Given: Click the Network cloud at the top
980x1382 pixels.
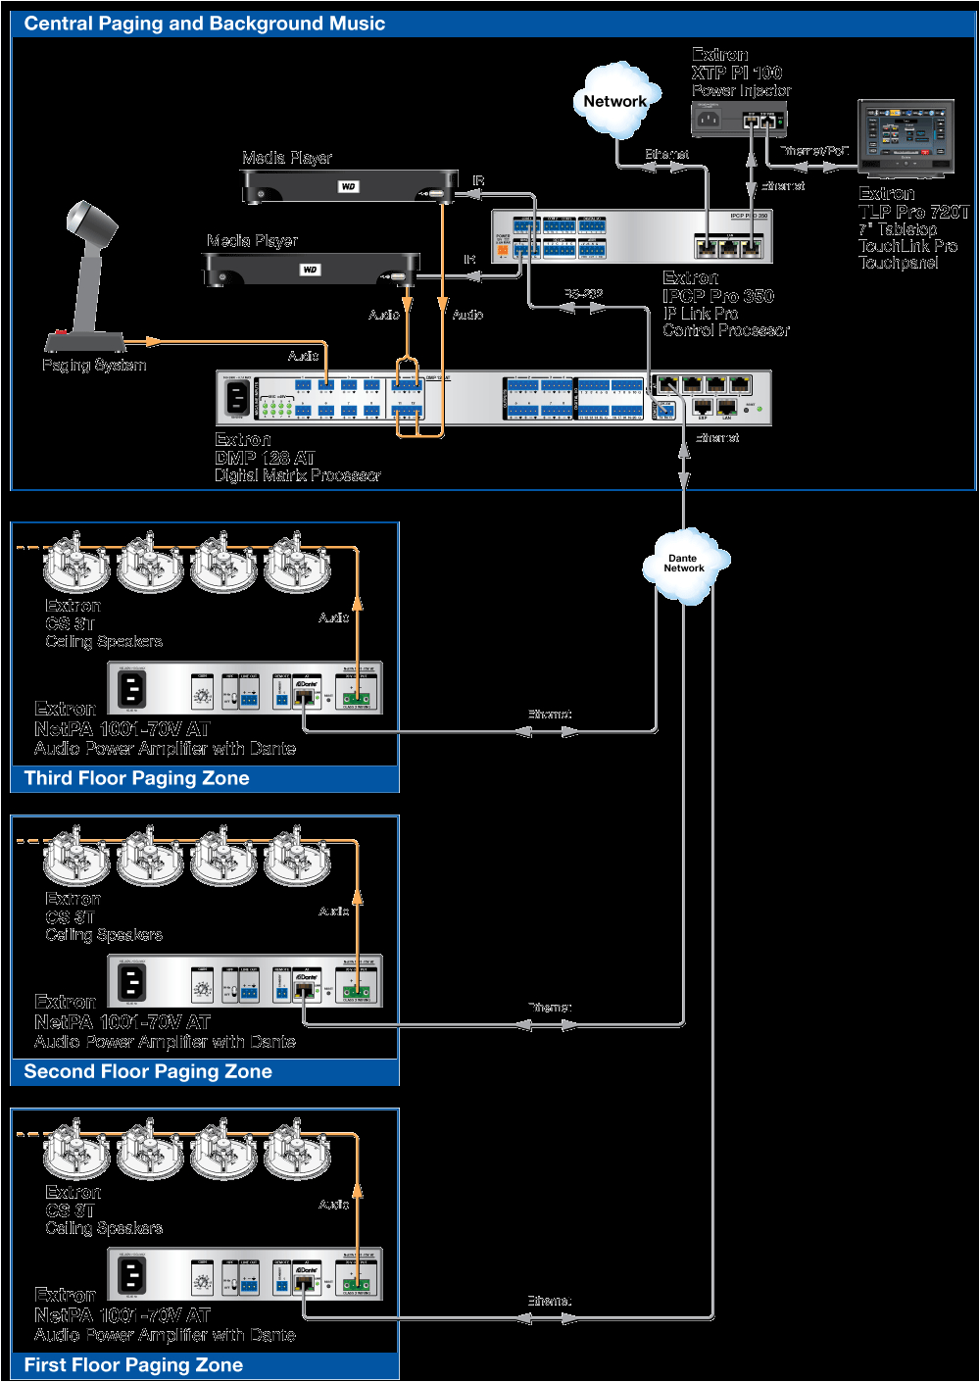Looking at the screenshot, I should coord(614,101).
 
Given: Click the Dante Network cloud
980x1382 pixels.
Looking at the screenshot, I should coord(684,564).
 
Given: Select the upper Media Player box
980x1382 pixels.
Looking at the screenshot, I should coord(349,186).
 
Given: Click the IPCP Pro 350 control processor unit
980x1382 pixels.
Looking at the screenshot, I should coord(632,236).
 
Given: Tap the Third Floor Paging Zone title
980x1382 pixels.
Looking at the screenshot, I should coord(136,778).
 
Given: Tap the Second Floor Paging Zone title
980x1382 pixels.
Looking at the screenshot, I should coord(148,1071).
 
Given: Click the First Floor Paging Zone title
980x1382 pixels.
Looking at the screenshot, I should coord(133,1365).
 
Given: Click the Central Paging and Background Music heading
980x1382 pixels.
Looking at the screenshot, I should coord(204,24).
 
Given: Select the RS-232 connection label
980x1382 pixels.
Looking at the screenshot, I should coord(583,294).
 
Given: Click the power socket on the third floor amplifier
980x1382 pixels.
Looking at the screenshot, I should coord(132,689).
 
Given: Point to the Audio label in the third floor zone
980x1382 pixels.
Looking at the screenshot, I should coord(333,617).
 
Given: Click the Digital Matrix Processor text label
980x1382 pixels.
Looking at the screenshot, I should coord(297,475).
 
